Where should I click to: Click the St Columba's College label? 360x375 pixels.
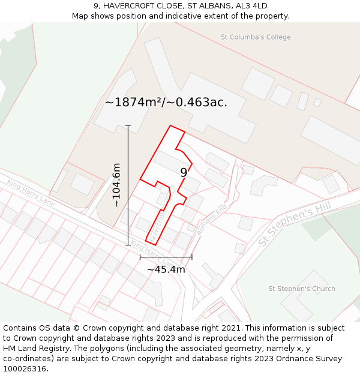click(256, 37)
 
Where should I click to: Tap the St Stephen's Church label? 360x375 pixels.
click(301, 289)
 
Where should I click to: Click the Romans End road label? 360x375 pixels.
click(213, 220)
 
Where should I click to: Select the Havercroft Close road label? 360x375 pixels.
click(157, 226)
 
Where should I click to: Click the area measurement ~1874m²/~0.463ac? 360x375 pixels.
click(166, 102)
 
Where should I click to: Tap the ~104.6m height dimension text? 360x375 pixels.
click(116, 185)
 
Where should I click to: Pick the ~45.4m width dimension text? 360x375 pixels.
click(166, 269)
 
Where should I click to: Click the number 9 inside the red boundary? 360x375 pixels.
click(184, 172)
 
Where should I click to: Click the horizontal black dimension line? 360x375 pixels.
click(166, 257)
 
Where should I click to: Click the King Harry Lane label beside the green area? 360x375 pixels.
click(31, 193)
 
